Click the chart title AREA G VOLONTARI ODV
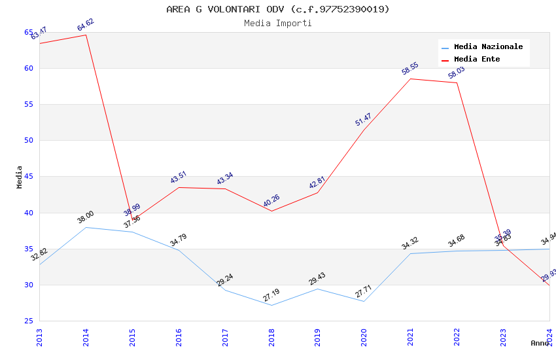pos(278,9)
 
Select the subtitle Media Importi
pos(278,23)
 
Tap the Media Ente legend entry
pos(477,59)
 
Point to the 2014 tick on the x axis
pos(86,336)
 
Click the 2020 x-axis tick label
pos(364,336)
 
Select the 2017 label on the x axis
pos(225,336)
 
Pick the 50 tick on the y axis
pos(29,140)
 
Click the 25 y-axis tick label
pos(29,321)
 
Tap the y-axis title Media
pos(20,177)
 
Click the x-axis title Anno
pos(540,343)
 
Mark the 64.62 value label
pos(86,25)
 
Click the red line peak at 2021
pos(410,79)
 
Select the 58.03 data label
pos(457,73)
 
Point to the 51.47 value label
pos(364,120)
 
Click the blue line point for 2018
pos(271,305)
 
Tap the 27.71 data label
pos(364,291)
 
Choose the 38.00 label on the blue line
pos(86,217)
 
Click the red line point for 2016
pos(179,187)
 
